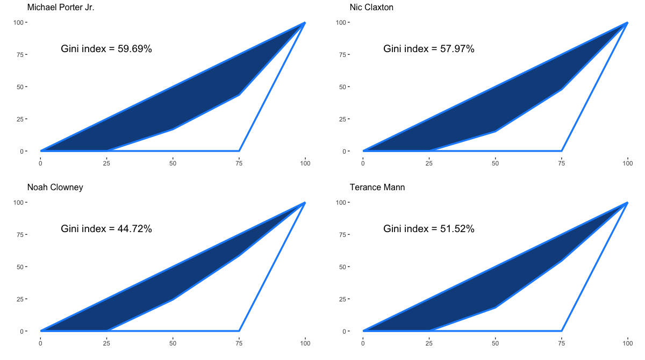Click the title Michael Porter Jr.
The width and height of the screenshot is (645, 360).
tap(61, 8)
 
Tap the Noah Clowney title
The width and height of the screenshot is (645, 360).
tap(55, 188)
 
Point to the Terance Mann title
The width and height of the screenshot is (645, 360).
tap(377, 188)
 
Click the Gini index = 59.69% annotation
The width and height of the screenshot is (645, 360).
tap(106, 49)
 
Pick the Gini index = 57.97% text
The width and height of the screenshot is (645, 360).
tap(429, 49)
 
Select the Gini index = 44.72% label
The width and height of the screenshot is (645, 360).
tap(106, 229)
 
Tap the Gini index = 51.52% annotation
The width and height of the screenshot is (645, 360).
tap(429, 229)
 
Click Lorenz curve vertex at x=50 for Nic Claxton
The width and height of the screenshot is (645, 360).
tap(495, 131)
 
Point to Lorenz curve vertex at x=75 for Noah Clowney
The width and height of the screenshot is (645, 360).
tap(239, 256)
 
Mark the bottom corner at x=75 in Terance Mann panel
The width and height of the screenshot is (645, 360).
tap(561, 331)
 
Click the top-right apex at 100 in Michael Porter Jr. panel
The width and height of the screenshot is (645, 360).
tap(305, 23)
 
